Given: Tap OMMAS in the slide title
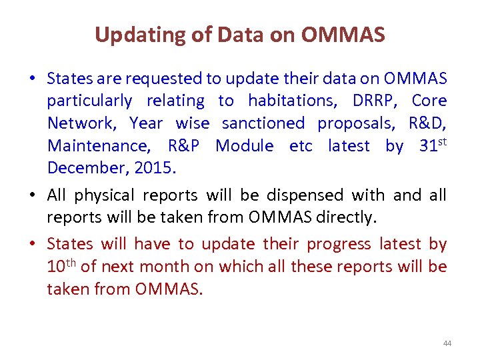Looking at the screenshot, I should click(x=343, y=35).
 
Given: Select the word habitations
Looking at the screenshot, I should click(x=291, y=101).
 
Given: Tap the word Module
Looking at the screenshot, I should click(x=244, y=146).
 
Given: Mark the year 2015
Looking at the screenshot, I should click(x=154, y=168).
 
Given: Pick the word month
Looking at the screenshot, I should click(x=165, y=267).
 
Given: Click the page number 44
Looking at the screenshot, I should click(x=447, y=343).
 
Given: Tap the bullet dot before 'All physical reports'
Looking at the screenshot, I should click(x=33, y=196).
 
